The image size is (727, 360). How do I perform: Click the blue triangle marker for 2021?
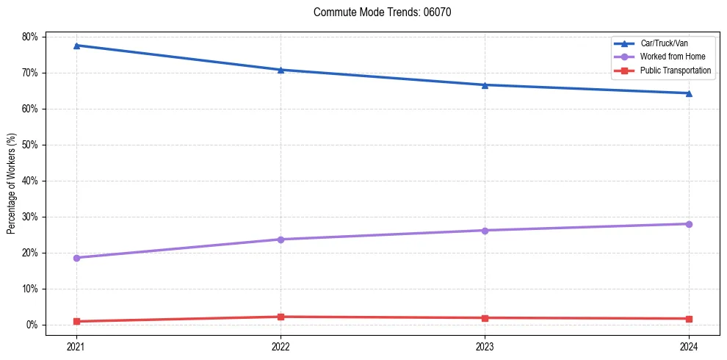coord(76,46)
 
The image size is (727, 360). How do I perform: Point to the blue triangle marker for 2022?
coord(281,70)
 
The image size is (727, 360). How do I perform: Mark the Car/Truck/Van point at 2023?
coord(485,85)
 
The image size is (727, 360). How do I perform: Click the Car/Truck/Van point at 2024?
coord(689,93)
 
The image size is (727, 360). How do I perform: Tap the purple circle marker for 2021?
coord(76,258)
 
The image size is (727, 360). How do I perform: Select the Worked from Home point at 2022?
coord(281,240)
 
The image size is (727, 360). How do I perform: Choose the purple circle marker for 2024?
coord(689,224)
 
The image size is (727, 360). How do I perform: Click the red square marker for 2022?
coord(281,317)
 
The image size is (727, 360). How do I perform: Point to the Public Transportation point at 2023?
coord(485,318)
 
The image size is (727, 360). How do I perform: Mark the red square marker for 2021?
coord(76,321)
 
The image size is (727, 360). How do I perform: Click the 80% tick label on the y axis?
coord(30,37)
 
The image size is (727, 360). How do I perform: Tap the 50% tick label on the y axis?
coord(30,145)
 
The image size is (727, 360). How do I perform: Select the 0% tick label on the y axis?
coord(32,325)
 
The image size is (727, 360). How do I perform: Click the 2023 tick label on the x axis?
coord(485,346)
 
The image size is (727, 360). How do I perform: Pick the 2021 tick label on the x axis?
coord(76,346)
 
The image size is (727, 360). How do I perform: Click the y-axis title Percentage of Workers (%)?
coord(12,184)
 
